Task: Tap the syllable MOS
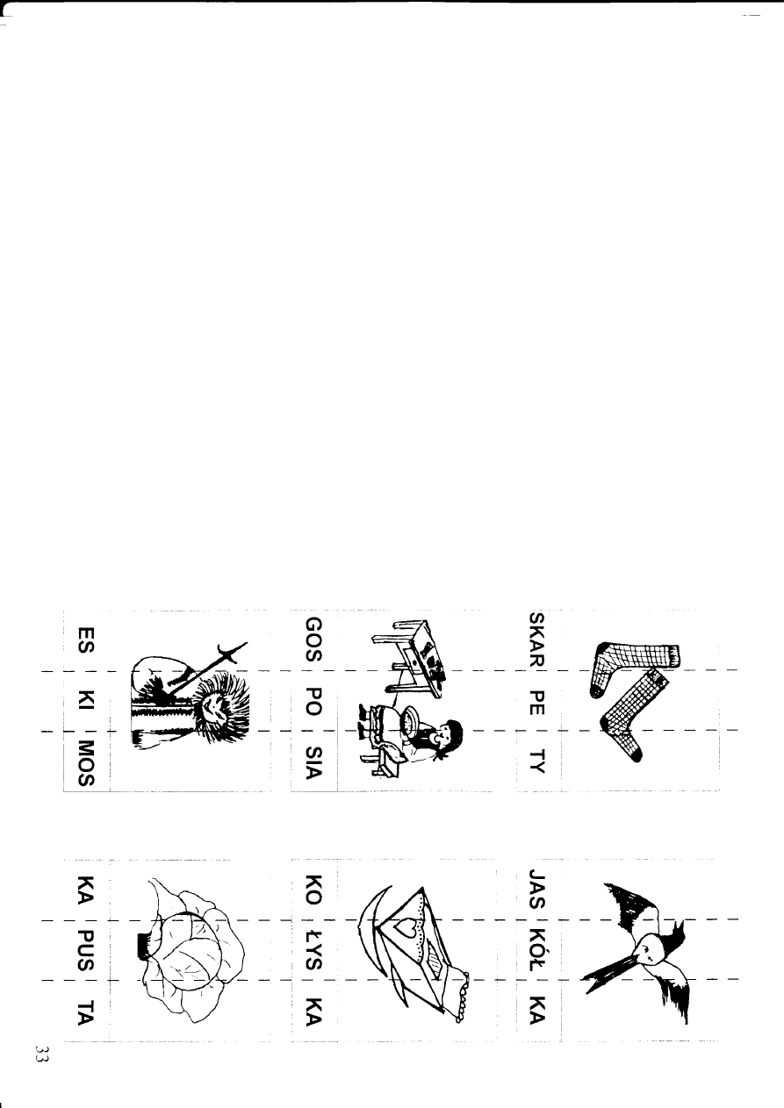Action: (86, 761)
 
